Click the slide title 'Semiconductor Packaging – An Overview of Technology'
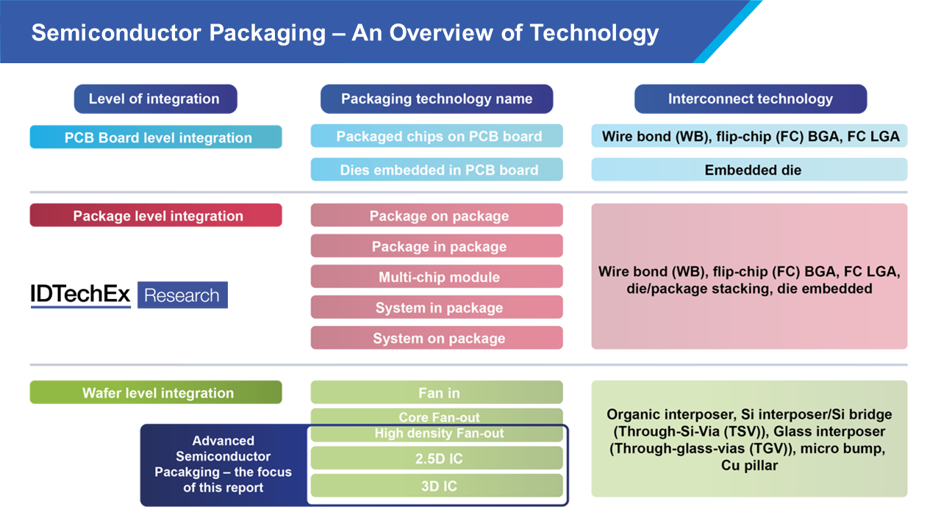(x=345, y=33)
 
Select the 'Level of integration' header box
(x=155, y=98)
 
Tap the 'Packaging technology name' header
(x=437, y=98)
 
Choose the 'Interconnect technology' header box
(x=750, y=98)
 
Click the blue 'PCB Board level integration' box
(x=156, y=137)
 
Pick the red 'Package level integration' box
(x=156, y=215)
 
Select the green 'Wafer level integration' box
(x=156, y=392)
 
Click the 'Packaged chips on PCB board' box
(x=437, y=136)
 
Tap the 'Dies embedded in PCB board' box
(x=437, y=170)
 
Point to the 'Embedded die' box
(x=749, y=170)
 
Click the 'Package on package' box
(x=437, y=215)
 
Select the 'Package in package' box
(x=437, y=246)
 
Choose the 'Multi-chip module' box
(x=437, y=277)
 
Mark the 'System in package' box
(x=437, y=307)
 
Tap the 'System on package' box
(x=437, y=338)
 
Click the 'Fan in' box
(x=437, y=392)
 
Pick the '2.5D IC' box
(x=437, y=458)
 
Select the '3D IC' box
(x=437, y=486)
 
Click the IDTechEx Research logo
(x=129, y=295)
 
